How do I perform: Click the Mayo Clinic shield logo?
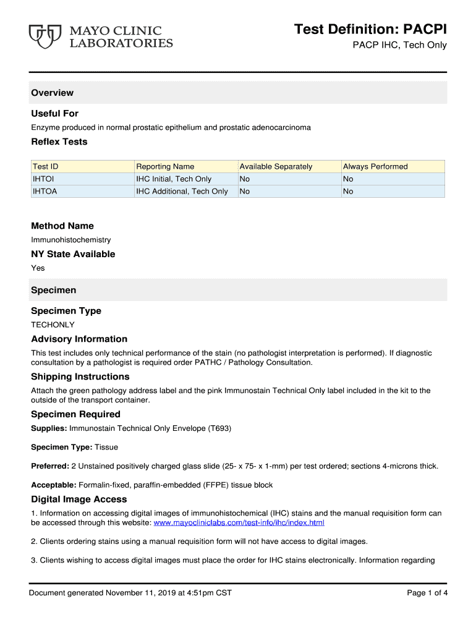coord(46,36)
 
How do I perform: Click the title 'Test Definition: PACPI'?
coord(370,29)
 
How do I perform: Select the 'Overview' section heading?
coord(53,93)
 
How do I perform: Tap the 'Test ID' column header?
coord(46,166)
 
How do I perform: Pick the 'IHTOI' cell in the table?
coord(45,179)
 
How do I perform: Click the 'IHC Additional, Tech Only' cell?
coord(182,191)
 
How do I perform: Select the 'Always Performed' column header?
coord(375,166)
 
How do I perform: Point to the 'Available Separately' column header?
coord(276,166)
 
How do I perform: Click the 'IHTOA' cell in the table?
coord(45,191)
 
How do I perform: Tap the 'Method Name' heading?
coord(62,226)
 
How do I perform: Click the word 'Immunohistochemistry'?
coord(71,239)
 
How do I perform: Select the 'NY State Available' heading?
coord(73,254)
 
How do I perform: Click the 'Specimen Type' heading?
coord(66,311)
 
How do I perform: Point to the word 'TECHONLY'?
coord(53,325)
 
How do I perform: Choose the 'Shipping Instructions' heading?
coord(80,376)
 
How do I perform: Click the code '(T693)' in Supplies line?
coord(220,428)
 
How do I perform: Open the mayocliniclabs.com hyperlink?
coord(239,523)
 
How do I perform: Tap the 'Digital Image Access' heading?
coord(79,499)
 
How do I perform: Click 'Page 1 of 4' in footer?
coord(427,593)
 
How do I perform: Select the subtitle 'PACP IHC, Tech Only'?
coord(399,45)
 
